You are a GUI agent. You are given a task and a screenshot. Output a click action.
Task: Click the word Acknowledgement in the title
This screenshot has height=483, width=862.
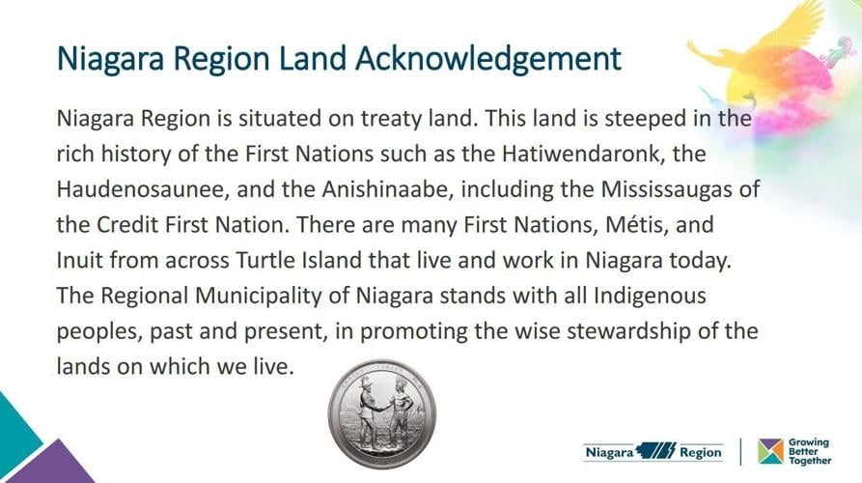(x=489, y=60)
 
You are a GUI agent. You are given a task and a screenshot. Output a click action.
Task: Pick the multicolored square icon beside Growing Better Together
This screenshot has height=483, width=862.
(x=770, y=451)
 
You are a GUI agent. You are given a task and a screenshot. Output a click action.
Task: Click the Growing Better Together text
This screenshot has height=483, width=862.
(x=809, y=451)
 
